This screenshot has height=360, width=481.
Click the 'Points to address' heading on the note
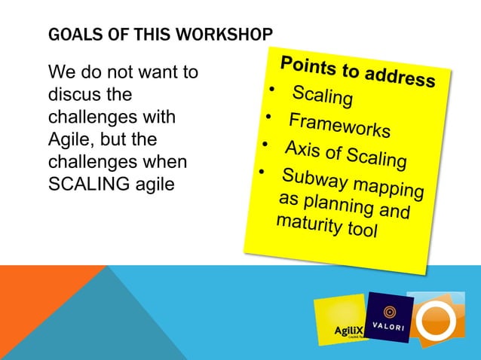pos(357,72)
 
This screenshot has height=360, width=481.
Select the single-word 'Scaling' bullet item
pos(322,97)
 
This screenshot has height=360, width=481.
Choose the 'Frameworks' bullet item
pos(339,125)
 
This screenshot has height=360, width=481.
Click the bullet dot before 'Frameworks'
pos(267,117)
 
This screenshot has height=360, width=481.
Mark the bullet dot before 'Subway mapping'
pos(261,172)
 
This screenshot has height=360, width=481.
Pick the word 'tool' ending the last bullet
pos(360,230)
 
